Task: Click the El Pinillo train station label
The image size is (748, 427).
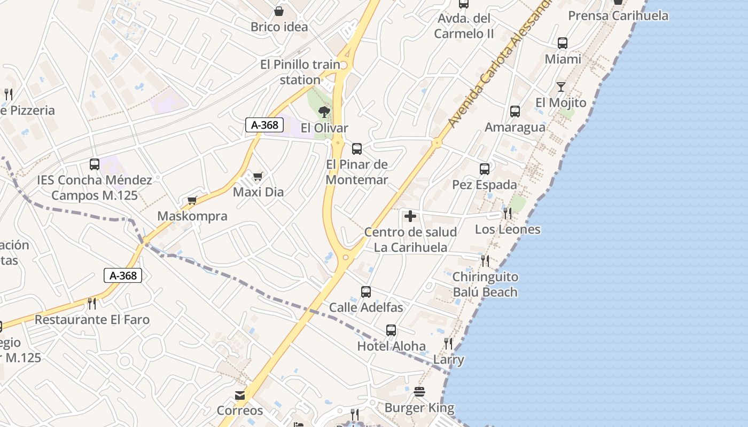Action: tap(300, 72)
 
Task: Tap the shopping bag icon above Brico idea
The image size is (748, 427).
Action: tap(278, 11)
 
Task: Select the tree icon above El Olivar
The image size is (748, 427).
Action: tap(324, 112)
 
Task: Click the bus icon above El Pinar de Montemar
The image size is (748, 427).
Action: tap(357, 149)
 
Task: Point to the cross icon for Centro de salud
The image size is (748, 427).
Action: tap(410, 216)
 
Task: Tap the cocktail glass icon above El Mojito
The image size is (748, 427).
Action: tap(560, 86)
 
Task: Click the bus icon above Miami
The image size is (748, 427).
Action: tap(563, 43)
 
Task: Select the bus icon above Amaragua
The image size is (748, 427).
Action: tap(515, 112)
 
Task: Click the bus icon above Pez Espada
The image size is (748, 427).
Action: tap(485, 169)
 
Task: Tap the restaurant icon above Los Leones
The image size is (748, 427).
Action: tap(508, 213)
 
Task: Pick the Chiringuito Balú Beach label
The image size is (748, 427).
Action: tap(485, 284)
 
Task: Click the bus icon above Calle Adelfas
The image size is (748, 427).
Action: tap(366, 292)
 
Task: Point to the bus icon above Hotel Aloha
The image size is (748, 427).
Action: tap(391, 330)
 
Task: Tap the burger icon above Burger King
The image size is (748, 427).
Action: tap(419, 392)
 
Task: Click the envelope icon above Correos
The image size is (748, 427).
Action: tap(240, 396)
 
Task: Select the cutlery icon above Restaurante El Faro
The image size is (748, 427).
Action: tap(92, 304)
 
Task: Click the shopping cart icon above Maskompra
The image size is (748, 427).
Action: tap(192, 201)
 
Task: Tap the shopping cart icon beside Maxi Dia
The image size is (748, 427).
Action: tap(258, 176)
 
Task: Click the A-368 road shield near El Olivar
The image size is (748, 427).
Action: tap(264, 125)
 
